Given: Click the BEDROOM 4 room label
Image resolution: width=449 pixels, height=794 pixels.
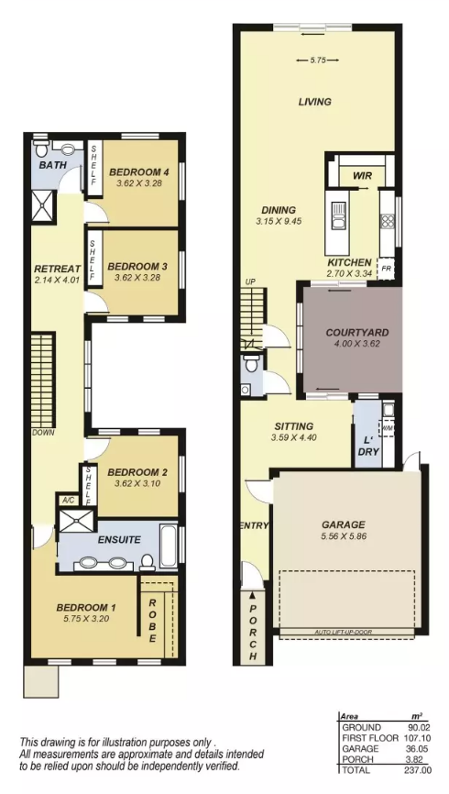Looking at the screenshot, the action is [x=138, y=171].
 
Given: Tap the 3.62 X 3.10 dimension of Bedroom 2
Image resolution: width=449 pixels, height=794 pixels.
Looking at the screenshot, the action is [x=137, y=483].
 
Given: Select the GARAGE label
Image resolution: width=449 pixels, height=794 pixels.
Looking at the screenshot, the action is [x=343, y=524].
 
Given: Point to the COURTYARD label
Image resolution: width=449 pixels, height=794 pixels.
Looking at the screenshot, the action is [x=357, y=333].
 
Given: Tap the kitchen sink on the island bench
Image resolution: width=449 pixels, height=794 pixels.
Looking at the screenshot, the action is [x=338, y=215].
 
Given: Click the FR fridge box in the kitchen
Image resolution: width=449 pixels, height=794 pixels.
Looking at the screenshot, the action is [x=386, y=269].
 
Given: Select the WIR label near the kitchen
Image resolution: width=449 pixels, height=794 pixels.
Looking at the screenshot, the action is [x=363, y=176].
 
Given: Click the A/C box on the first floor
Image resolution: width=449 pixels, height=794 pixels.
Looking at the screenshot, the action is [x=67, y=501].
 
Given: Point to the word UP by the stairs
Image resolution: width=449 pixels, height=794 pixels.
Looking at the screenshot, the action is [x=249, y=281].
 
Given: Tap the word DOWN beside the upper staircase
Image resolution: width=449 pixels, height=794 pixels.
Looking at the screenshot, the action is [x=43, y=433].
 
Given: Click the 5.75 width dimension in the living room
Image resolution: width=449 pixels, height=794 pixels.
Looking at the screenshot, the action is [x=317, y=61].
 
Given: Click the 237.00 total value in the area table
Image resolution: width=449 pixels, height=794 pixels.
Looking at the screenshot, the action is [x=417, y=770].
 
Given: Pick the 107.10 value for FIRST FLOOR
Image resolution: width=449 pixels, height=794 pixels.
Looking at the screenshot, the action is [x=417, y=738].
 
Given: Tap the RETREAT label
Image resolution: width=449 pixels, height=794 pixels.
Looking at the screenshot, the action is [x=58, y=269].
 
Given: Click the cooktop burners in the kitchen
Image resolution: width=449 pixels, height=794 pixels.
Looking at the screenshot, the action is [x=389, y=222].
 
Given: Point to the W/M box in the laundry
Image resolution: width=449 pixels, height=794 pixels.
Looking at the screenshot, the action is [x=388, y=428].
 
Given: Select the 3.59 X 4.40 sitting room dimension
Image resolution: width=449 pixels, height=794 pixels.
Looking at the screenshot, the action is [x=293, y=437].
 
